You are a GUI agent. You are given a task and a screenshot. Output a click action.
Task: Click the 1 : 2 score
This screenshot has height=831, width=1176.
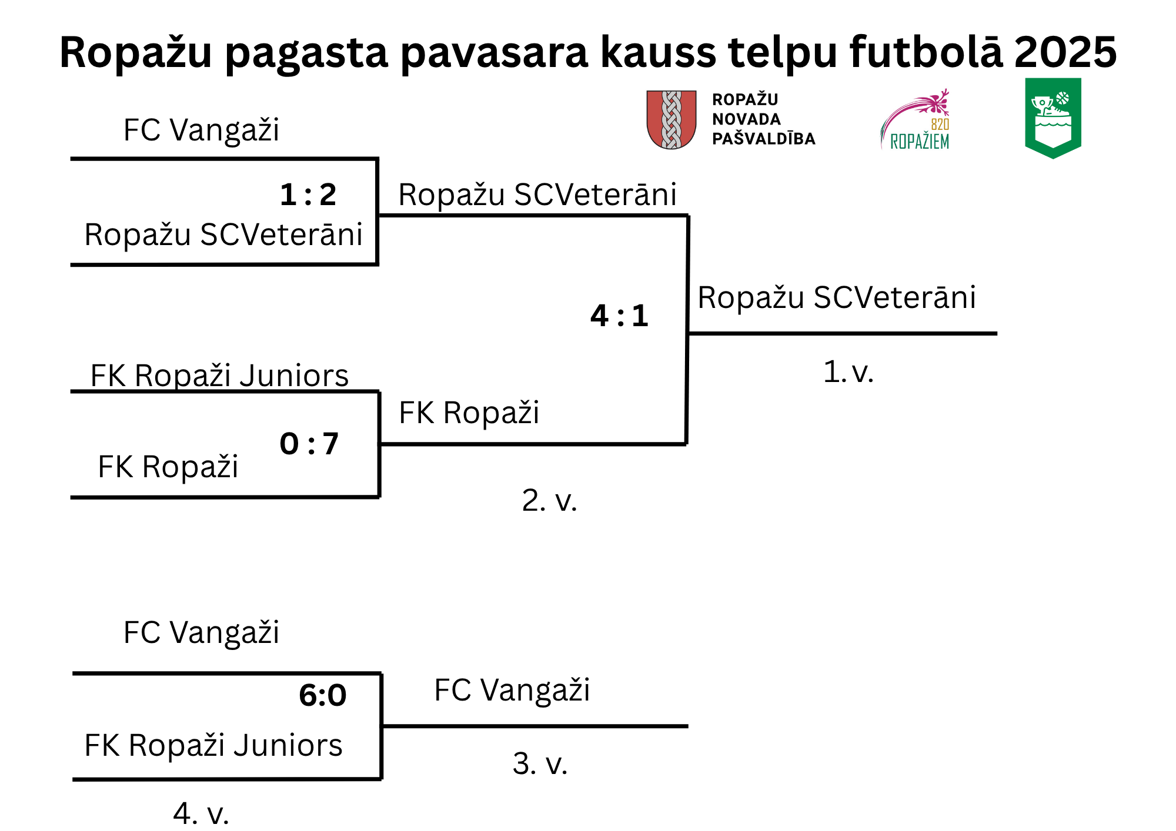coord(308,195)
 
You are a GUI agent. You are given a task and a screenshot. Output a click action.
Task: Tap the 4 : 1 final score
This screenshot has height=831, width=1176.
coord(619,316)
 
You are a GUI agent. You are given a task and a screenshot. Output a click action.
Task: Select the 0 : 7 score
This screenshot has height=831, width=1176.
coord(309,444)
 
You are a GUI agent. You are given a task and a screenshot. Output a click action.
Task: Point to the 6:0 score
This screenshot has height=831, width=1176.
coord(323,695)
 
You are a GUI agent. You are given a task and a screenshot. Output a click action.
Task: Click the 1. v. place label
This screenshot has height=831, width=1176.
coord(848,371)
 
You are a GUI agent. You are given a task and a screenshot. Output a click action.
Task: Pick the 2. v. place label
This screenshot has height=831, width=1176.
coord(549,500)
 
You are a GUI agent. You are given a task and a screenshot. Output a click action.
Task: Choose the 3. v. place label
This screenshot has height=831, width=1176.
coord(540,763)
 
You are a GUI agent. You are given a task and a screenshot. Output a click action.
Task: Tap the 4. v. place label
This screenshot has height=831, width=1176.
coord(201,813)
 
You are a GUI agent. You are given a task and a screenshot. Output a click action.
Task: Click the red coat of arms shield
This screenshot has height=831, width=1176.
coord(671,119)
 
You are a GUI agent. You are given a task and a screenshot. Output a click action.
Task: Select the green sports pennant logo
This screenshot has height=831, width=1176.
coord(1053,118)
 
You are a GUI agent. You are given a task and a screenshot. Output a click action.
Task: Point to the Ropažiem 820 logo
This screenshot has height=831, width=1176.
coord(915,119)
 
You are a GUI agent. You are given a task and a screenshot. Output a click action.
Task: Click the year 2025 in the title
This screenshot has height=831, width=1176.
coord(1065,52)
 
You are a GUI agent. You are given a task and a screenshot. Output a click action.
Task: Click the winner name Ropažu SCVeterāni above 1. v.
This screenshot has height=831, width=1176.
coord(837,297)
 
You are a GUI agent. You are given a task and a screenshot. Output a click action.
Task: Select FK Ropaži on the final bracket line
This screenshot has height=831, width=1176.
coord(469,413)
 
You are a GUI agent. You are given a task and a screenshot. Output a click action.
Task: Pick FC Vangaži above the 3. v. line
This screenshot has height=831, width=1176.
coord(512,690)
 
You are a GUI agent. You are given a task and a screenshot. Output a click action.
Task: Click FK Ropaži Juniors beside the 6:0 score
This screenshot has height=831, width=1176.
coord(213,745)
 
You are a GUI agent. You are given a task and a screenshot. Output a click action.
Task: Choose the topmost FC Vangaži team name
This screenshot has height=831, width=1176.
coord(201,130)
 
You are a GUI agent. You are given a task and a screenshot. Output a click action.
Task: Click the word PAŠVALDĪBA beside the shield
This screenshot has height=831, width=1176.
coord(764,139)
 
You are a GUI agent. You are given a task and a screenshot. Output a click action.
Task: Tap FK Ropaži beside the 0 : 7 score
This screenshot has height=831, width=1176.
coord(168,467)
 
